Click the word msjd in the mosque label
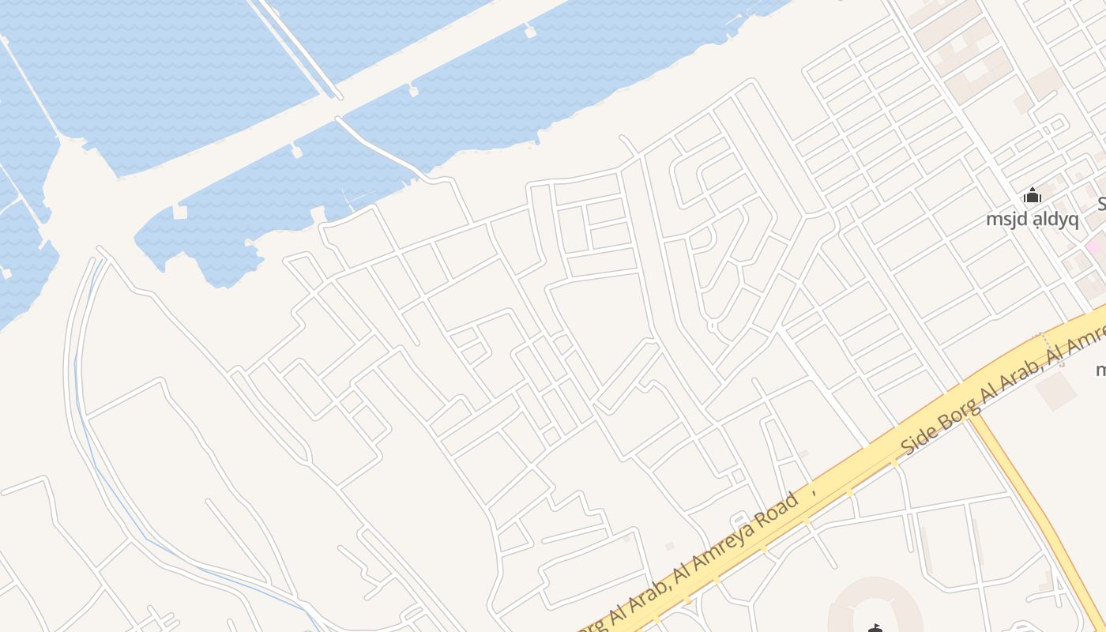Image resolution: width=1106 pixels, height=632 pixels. click(1004, 219)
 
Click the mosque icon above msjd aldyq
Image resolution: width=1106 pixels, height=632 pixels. click(1032, 196)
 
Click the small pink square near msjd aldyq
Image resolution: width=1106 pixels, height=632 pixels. click(1093, 246)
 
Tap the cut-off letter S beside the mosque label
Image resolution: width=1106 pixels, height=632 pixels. click(1101, 205)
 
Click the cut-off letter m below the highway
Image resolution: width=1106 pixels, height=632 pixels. click(1101, 369)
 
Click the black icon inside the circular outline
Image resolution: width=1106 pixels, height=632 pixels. click(875, 629)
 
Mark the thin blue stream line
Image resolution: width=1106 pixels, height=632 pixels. click(118, 506)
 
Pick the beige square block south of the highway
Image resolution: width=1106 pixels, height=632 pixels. click(1056, 392)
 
